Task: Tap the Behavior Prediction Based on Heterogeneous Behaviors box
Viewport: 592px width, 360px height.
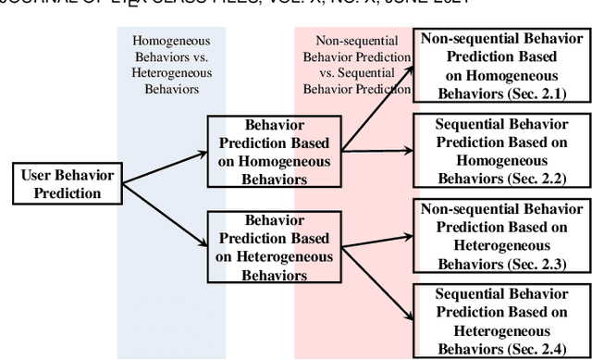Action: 275,247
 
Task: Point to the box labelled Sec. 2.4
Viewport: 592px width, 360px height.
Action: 502,321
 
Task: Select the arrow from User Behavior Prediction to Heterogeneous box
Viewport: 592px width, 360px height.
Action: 165,216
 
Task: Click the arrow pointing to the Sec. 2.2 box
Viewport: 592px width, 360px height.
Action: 377,148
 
